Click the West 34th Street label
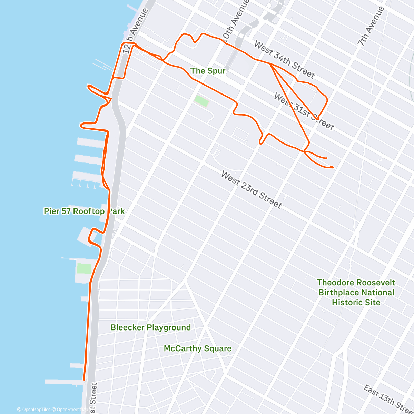284,59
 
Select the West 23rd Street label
252,190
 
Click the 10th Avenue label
236,21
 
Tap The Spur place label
208,71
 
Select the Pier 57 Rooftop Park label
84,211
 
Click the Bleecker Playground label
150,327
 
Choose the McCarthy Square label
197,348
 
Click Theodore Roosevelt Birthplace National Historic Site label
356,293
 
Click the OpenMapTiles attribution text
34,410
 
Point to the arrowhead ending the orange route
333,167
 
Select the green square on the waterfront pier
84,268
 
